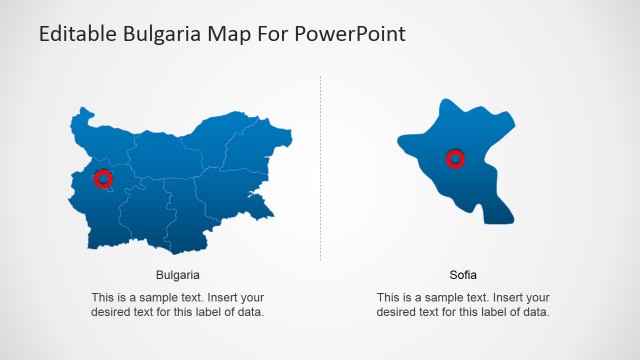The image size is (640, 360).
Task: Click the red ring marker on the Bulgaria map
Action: click(103, 179)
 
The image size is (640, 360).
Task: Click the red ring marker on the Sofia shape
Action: click(455, 158)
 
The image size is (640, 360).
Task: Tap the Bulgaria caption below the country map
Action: click(178, 274)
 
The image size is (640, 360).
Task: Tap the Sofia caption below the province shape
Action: click(463, 274)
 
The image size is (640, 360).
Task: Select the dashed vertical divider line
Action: click(321, 170)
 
